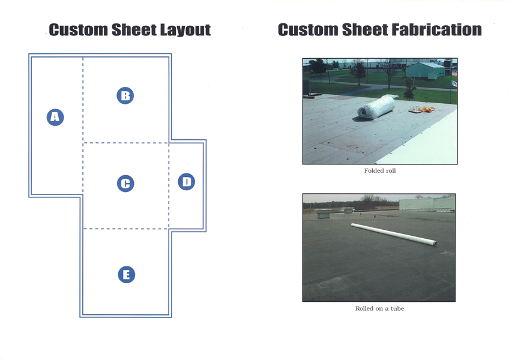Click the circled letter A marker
[55, 117]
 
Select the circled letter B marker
[125, 96]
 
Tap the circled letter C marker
[125, 184]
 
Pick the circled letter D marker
[187, 182]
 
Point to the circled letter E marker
[127, 275]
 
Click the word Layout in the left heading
[185, 30]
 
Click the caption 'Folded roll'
[380, 171]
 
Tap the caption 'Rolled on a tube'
[379, 309]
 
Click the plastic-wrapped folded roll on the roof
[376, 107]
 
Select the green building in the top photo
[425, 70]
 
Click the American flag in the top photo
[454, 73]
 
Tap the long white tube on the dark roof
[394, 234]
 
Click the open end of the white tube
[435, 243]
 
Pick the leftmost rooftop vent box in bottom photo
[324, 214]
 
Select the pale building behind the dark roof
[427, 204]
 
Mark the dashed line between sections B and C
[126, 143]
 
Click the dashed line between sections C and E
[126, 229]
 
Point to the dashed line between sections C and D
[169, 185]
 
